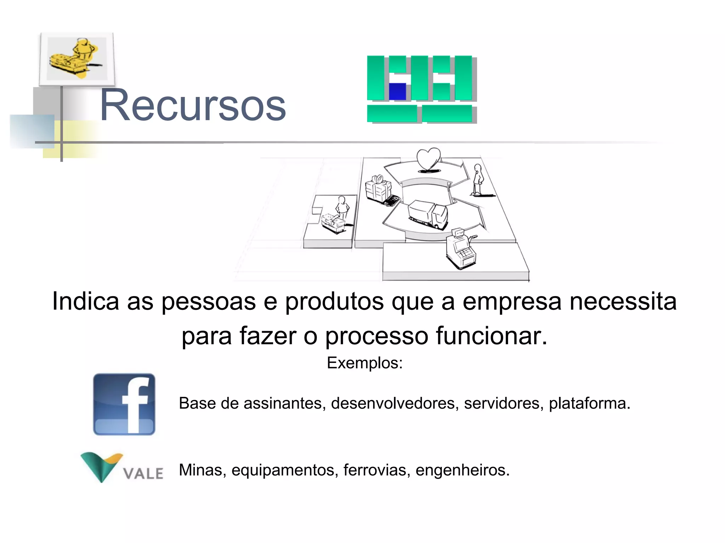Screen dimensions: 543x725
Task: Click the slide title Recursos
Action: (193, 105)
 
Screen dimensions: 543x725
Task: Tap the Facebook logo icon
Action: (124, 404)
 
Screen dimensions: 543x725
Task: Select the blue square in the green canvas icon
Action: (397, 92)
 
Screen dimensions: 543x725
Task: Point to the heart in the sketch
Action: (428, 159)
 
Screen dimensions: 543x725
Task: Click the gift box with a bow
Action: (378, 187)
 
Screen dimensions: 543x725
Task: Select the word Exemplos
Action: (365, 363)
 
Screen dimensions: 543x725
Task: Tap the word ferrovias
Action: (377, 470)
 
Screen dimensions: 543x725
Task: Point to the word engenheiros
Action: (462, 470)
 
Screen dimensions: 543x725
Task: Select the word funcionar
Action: (491, 336)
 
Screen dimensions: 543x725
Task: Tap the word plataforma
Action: (589, 403)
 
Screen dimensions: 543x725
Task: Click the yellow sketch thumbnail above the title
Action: (77, 59)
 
